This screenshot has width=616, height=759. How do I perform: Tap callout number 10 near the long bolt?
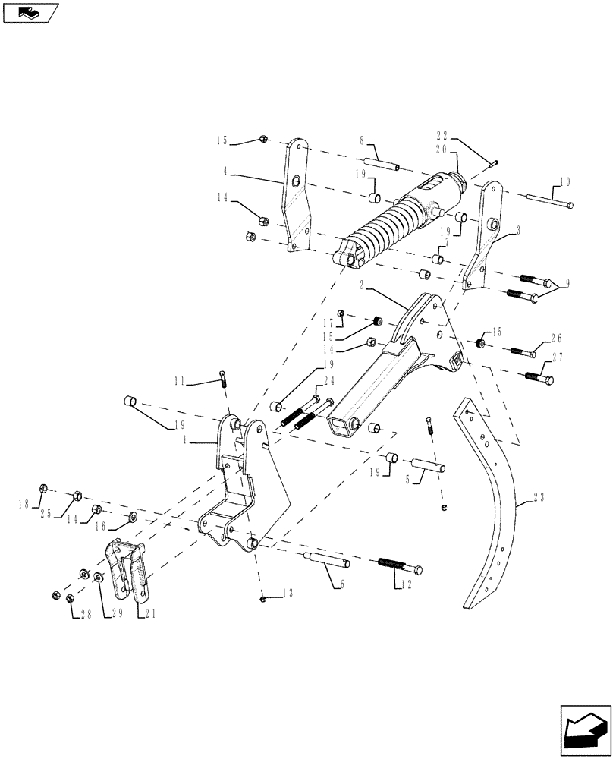tap(565, 182)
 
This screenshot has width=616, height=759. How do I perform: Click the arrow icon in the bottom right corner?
tap(585, 728)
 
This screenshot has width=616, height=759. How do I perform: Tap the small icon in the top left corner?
tap(31, 12)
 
